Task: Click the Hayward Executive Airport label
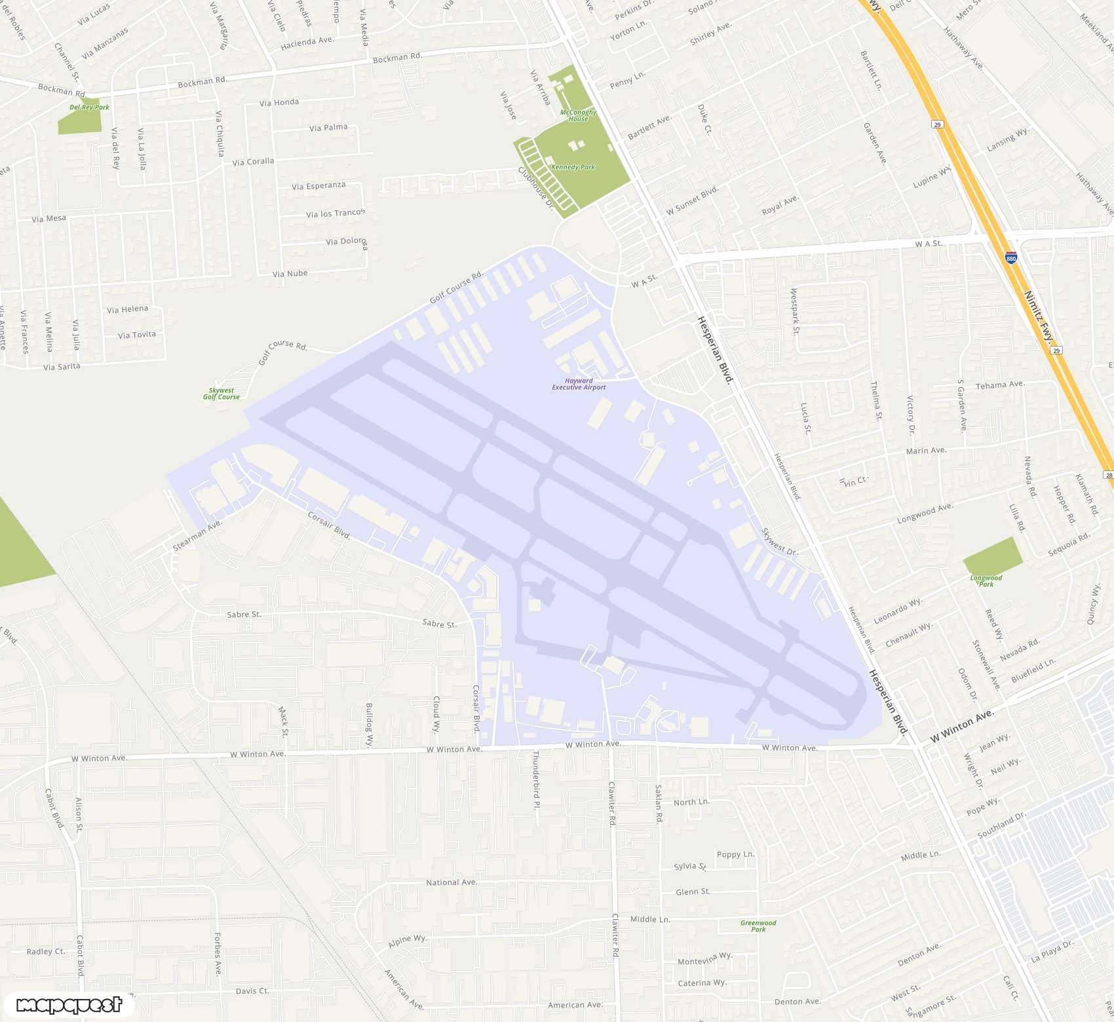tap(579, 384)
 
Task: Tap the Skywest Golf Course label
tap(221, 394)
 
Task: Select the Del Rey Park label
tap(89, 107)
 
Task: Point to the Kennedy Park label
tap(573, 167)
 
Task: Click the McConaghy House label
tap(578, 115)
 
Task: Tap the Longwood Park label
tap(986, 580)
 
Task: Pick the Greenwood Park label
tap(758, 926)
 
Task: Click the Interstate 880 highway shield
tap(1011, 258)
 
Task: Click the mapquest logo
tap(69, 1005)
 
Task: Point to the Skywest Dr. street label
tap(779, 542)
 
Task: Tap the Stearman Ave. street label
tap(197, 535)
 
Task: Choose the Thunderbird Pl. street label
tap(536, 780)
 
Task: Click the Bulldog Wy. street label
tap(369, 725)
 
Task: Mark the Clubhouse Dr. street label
tap(535, 189)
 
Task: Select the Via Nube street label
tap(290, 273)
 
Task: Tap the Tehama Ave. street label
tap(999, 385)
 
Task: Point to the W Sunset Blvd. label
tap(692, 200)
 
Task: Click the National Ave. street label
tap(451, 882)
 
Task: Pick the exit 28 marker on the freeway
tap(1108, 475)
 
